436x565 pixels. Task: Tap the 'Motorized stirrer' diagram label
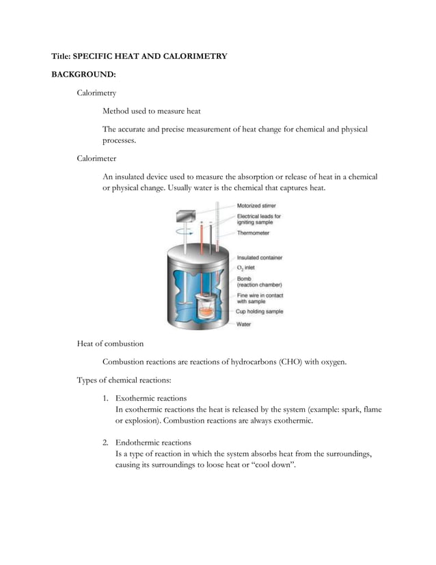point(257,205)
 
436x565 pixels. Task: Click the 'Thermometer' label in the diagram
point(253,233)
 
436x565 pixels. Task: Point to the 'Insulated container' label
point(260,258)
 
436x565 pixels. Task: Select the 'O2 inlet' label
point(245,268)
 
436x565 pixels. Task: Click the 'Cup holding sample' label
point(260,311)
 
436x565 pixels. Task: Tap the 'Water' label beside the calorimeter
point(243,324)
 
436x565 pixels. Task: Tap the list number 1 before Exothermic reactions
point(106,398)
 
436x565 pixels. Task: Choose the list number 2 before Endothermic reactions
point(106,443)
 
